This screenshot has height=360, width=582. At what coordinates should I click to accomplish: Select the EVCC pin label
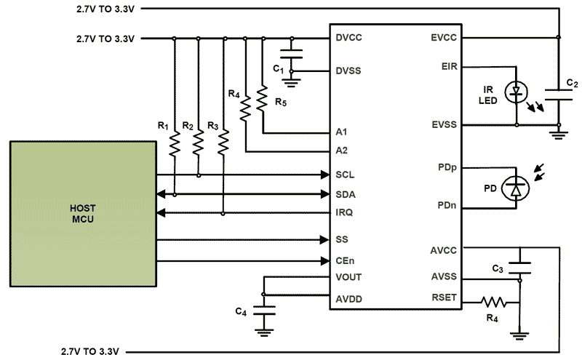click(443, 37)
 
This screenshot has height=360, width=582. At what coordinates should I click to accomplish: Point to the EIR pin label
click(449, 66)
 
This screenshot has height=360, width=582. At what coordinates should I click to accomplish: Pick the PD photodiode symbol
click(517, 188)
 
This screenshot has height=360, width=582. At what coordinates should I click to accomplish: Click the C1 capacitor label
click(278, 68)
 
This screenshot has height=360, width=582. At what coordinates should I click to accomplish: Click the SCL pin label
click(345, 175)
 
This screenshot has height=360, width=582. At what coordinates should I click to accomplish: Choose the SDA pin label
click(346, 194)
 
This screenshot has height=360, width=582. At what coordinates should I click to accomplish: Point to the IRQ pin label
click(345, 213)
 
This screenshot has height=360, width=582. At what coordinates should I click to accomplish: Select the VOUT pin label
click(348, 277)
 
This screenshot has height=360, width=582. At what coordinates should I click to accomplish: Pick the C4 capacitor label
click(241, 312)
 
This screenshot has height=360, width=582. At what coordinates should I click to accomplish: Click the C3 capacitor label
click(497, 269)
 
